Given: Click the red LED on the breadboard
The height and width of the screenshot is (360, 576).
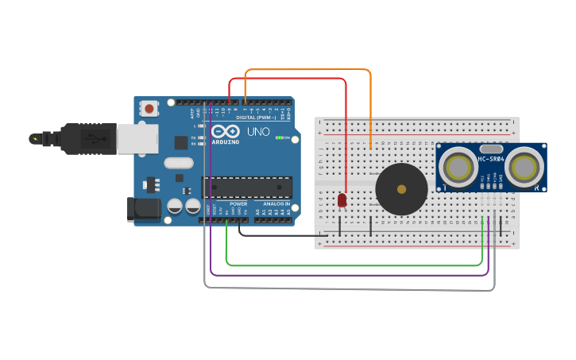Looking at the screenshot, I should pyautogui.click(x=342, y=200).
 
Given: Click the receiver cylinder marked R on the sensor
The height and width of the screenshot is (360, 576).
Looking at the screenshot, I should pyautogui.click(x=525, y=167).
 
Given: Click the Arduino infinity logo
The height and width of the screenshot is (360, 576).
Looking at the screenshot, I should pyautogui.click(x=224, y=132).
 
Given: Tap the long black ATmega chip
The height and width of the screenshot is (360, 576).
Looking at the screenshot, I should pyautogui.click(x=246, y=187).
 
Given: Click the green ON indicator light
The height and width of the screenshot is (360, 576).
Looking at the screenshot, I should pyautogui.click(x=279, y=137).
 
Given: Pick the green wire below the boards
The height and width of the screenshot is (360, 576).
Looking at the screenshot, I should pyautogui.click(x=350, y=265).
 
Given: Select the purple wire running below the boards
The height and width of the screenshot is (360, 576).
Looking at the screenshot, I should pyautogui.click(x=350, y=275).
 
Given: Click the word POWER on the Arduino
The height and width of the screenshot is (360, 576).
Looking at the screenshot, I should pyautogui.click(x=238, y=204).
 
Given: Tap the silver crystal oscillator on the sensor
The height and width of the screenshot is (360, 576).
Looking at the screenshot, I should pyautogui.click(x=491, y=149).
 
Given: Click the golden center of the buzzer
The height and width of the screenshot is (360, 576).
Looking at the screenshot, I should pyautogui.click(x=401, y=189).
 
